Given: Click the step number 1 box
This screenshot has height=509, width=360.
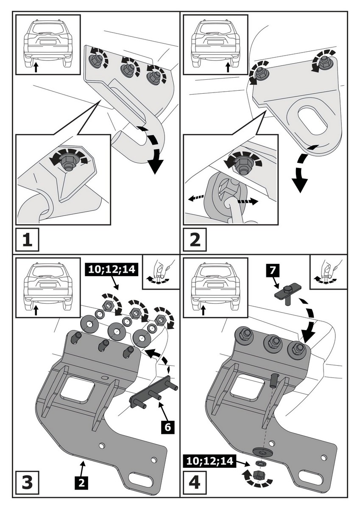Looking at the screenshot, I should (x=27, y=240).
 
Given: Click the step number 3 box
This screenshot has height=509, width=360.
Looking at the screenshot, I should (x=27, y=481).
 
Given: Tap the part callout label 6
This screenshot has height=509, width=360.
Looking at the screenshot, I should (x=167, y=428).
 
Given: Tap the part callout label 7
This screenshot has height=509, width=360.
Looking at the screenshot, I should (x=271, y=268).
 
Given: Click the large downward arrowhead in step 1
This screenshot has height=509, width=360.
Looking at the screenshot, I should (x=155, y=167).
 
